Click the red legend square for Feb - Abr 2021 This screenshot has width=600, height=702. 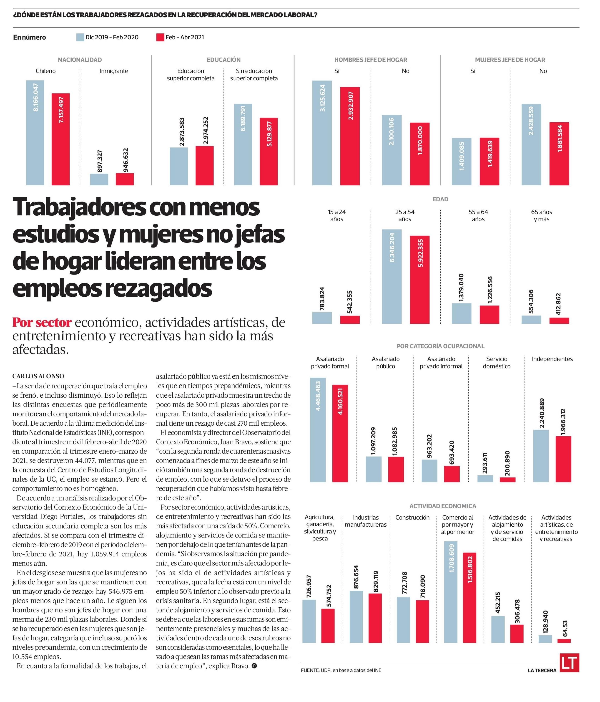(160, 37)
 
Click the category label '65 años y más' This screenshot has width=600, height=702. (541, 215)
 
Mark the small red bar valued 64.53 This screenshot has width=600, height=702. (564, 641)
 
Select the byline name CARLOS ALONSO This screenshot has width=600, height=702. (38, 376)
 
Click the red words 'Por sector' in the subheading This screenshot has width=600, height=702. (42, 322)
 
